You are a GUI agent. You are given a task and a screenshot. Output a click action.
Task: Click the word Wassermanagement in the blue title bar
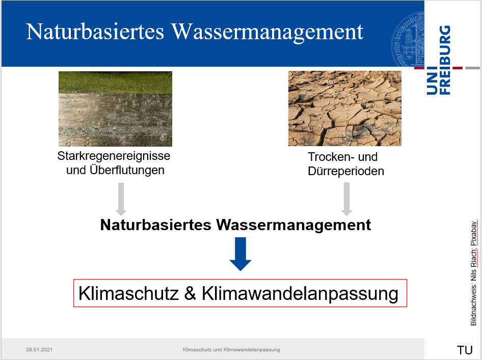pyautogui.click(x=267, y=32)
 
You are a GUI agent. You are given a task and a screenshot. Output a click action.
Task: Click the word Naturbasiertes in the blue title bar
pyautogui.click(x=95, y=32)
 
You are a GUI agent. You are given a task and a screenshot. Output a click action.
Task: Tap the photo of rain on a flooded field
pyautogui.click(x=115, y=109)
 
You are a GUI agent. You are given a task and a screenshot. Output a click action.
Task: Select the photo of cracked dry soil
pyautogui.click(x=345, y=108)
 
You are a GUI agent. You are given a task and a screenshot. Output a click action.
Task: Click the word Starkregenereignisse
pyautogui.click(x=114, y=156)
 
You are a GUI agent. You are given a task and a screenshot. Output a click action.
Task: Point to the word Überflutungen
pyautogui.click(x=127, y=170)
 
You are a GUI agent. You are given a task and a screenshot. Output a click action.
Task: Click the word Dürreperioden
pyautogui.click(x=346, y=171)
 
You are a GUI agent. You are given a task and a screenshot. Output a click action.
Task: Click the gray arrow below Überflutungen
pyautogui.click(x=121, y=200)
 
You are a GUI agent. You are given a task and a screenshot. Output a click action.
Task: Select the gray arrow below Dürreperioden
pyautogui.click(x=347, y=199)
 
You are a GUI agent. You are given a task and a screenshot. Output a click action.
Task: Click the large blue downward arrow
pyautogui.click(x=240, y=254)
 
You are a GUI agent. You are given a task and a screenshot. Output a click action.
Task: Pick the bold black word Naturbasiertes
pyautogui.click(x=155, y=225)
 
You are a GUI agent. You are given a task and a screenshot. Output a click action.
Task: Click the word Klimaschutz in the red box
pyautogui.click(x=128, y=293)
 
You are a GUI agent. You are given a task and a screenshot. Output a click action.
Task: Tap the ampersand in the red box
pyautogui.click(x=190, y=293)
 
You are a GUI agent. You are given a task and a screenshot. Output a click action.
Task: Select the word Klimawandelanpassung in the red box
pyautogui.click(x=300, y=294)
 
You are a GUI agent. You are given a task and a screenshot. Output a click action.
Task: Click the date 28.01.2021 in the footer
pyautogui.click(x=39, y=349)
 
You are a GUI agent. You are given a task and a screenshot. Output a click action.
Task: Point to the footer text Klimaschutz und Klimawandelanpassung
pyautogui.click(x=231, y=349)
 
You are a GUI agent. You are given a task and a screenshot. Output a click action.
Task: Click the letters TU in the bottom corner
pyautogui.click(x=465, y=350)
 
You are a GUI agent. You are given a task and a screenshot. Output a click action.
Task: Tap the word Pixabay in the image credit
pyautogui.click(x=474, y=233)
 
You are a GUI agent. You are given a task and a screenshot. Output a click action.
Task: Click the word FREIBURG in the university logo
pyautogui.click(x=445, y=60)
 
